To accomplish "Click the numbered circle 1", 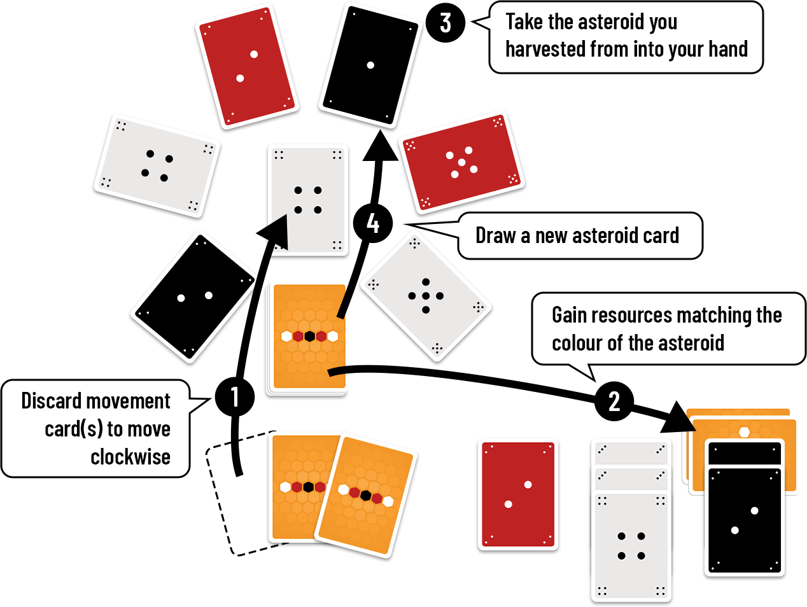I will [x=235, y=397].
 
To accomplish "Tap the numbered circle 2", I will [x=614, y=401].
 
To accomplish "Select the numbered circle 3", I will [x=446, y=23].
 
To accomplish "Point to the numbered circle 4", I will [x=373, y=223].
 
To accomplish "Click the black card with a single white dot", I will [x=370, y=65].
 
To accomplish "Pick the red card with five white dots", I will [x=461, y=162].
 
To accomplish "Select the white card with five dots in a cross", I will [x=425, y=296].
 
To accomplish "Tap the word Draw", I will [x=496, y=235].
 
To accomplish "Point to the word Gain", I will [x=570, y=315].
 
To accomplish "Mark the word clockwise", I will [x=130, y=456].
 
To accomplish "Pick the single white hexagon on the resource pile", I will [x=744, y=432].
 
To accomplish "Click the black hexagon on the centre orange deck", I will [x=309, y=336].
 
